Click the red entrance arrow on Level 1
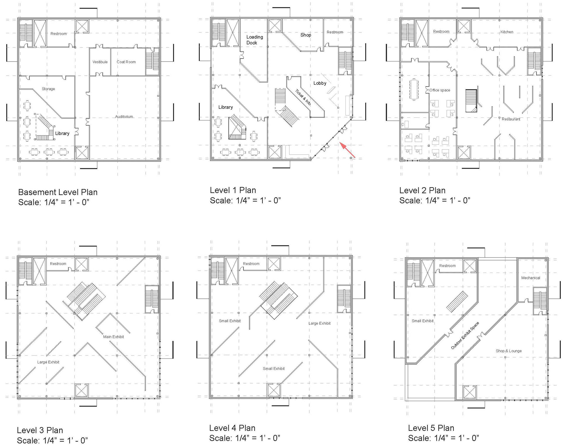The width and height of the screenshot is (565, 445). (347, 150)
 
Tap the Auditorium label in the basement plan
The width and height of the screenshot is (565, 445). (124, 117)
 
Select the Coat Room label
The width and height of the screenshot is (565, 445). (126, 62)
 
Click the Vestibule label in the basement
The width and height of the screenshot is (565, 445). (100, 62)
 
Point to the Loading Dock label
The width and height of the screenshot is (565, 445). (255, 40)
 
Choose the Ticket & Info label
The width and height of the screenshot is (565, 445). (303, 97)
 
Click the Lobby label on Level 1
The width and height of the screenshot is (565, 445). (320, 83)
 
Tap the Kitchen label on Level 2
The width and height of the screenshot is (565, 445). (507, 32)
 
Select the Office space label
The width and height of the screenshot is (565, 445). (440, 90)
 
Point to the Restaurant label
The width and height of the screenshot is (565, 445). (511, 119)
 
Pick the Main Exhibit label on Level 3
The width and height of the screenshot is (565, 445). (113, 337)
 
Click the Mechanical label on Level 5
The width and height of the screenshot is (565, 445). (531, 278)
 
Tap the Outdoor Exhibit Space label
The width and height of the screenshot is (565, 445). (465, 336)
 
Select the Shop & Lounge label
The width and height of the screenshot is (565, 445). (508, 351)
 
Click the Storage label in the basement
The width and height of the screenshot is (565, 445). (48, 89)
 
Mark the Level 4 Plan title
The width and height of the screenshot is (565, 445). (232, 428)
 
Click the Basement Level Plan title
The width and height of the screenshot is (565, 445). (58, 192)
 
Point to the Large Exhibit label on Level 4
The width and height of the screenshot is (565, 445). (319, 323)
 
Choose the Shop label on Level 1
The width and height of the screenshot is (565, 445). (306, 35)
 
